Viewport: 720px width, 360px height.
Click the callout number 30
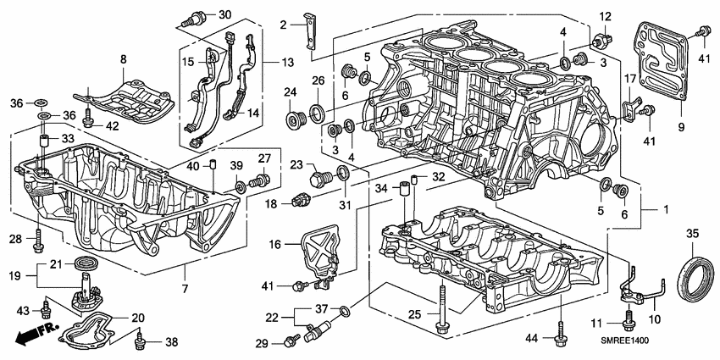pyautogui.click(x=200, y=15)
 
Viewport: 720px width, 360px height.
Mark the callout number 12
pyautogui.click(x=605, y=17)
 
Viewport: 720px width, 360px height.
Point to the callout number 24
pyautogui.click(x=290, y=91)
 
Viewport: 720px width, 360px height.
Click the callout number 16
pyautogui.click(x=276, y=244)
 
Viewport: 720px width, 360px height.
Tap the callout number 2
pyautogui.click(x=284, y=24)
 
